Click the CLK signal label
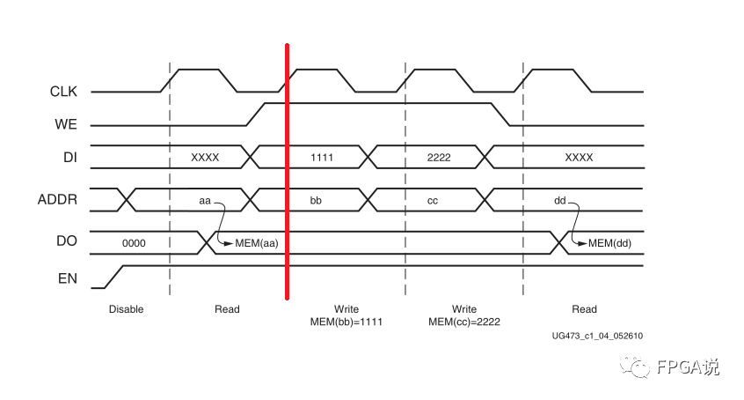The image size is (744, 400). [x=63, y=91]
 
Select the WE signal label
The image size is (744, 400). [x=66, y=124]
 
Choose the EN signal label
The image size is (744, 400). [x=69, y=278]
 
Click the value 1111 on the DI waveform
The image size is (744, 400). [x=323, y=158]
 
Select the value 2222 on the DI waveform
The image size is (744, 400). [x=438, y=158]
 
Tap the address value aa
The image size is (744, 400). [x=205, y=201]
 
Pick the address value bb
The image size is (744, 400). [x=316, y=201]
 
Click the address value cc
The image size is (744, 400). [x=433, y=201]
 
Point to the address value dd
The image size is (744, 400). [x=559, y=201]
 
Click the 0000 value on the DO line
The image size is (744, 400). [x=134, y=242]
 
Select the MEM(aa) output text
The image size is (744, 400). [x=257, y=243]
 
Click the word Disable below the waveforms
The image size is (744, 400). [x=126, y=309]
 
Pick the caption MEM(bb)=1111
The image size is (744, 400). [x=346, y=322]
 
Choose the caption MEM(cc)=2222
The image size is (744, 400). [x=463, y=322]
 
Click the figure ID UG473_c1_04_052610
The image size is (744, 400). [x=597, y=336]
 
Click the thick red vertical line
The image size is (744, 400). [x=287, y=176]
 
